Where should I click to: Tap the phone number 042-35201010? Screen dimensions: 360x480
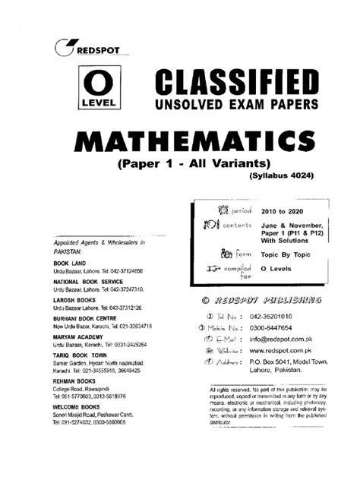coord(279,317)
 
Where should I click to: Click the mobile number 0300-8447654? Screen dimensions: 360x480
coord(279,329)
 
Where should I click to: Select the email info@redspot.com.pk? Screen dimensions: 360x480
coord(289,342)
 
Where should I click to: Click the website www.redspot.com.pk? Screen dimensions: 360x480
coord(292,355)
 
